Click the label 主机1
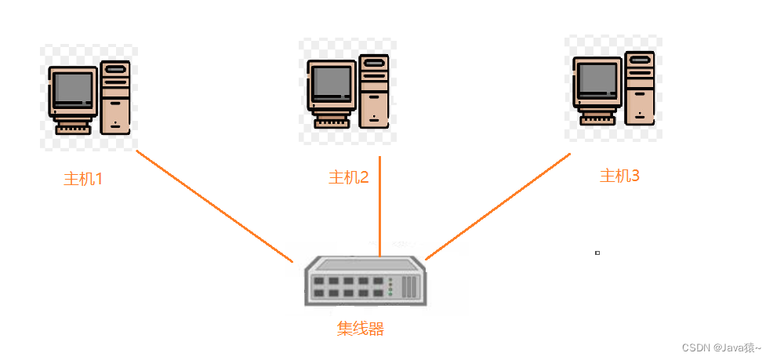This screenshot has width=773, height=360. (83, 179)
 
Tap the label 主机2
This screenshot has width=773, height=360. (348, 177)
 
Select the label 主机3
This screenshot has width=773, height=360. (619, 176)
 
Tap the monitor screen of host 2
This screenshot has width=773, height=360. (332, 83)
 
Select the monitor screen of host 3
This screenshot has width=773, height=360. (598, 79)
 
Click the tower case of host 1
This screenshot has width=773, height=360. (115, 98)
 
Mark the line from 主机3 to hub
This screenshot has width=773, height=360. (498, 205)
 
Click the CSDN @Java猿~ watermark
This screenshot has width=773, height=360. (721, 347)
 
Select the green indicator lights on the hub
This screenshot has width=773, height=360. (391, 286)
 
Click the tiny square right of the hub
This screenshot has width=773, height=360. (597, 253)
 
